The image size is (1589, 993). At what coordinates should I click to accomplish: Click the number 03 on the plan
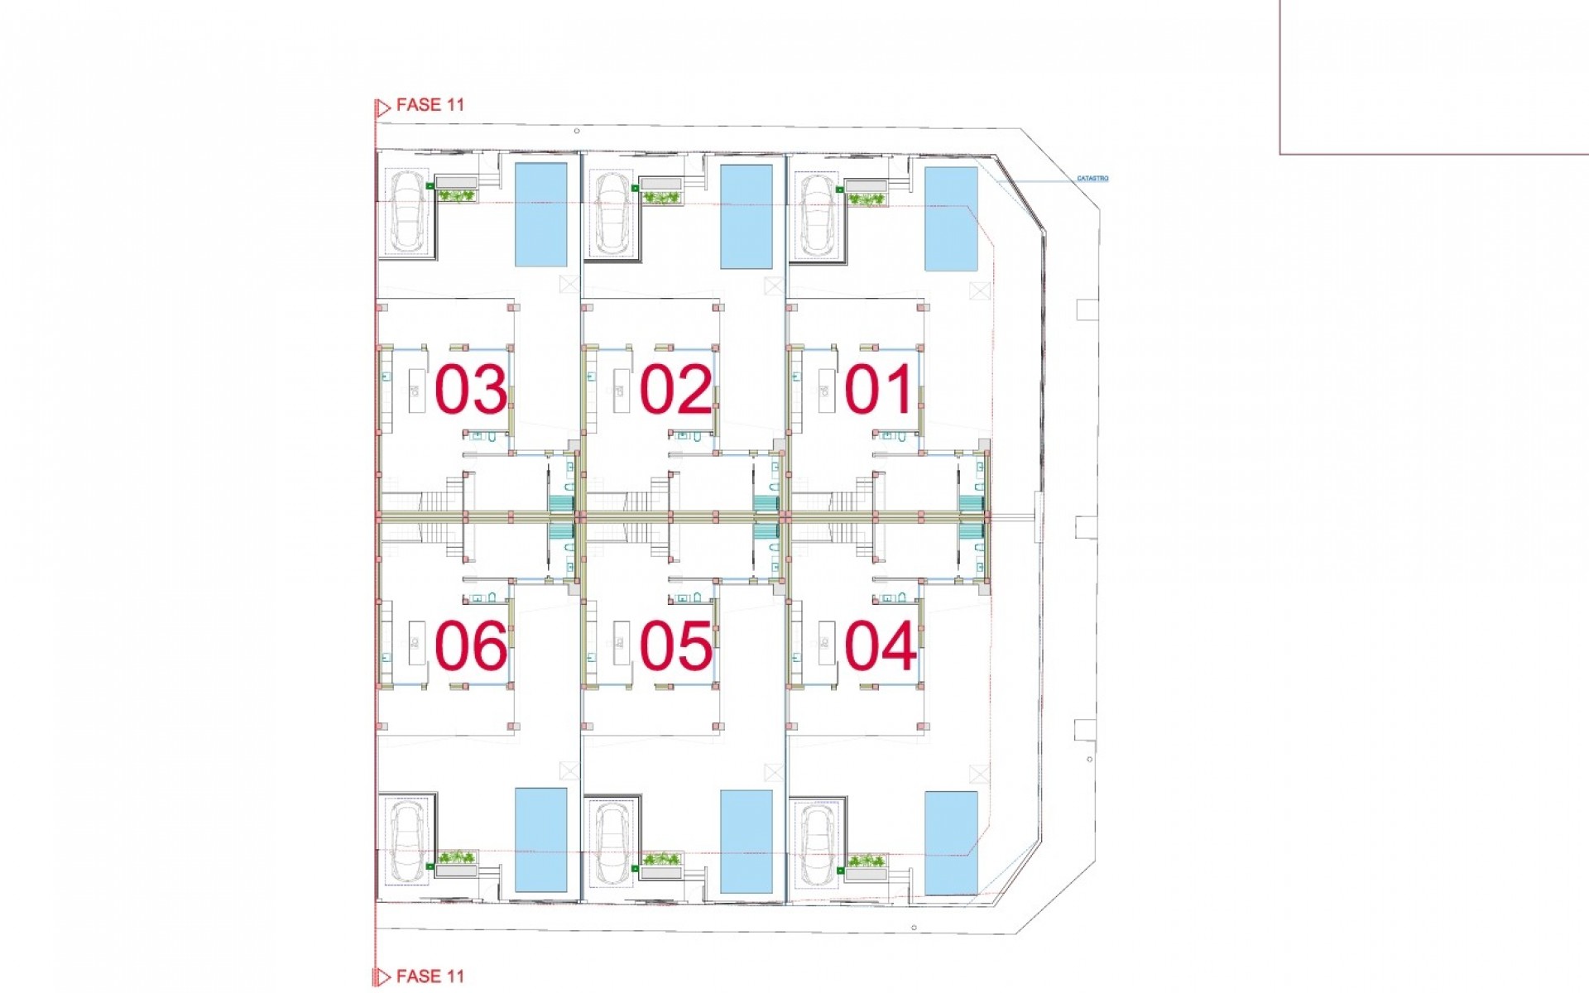click(470, 390)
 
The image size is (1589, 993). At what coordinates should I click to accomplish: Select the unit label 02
click(675, 390)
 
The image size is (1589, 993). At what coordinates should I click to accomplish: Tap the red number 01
click(878, 390)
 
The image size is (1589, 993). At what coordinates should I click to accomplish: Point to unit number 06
click(470, 646)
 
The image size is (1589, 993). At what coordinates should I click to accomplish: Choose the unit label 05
click(675, 646)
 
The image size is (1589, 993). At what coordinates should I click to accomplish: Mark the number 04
click(880, 646)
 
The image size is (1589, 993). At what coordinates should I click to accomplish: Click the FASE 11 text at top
click(430, 105)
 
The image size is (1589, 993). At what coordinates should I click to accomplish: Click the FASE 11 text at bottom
click(430, 976)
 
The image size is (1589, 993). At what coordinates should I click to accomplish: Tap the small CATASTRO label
click(1092, 179)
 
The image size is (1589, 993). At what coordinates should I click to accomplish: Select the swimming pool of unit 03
click(541, 214)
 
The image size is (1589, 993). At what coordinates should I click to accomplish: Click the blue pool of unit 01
click(950, 218)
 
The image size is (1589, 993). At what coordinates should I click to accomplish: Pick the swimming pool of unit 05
click(746, 842)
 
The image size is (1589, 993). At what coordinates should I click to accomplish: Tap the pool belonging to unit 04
click(950, 842)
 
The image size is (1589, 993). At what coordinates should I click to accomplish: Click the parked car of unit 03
click(406, 211)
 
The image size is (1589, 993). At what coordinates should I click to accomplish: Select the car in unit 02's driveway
click(612, 213)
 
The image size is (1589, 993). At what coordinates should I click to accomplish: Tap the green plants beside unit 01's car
click(867, 199)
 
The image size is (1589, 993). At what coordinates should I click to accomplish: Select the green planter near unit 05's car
click(661, 860)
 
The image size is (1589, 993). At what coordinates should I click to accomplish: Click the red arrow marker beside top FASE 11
click(382, 108)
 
